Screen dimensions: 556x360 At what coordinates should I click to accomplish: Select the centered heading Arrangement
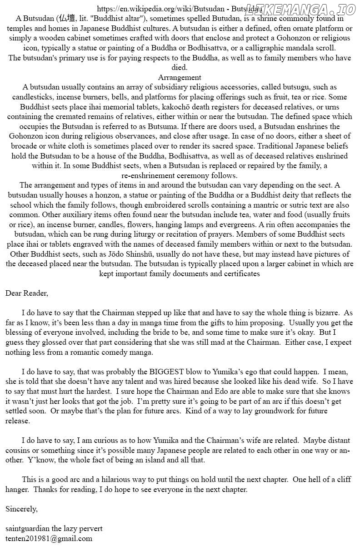(180, 77)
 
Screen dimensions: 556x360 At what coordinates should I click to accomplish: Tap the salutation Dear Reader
(26, 293)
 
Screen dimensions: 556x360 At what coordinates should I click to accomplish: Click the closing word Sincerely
(21, 509)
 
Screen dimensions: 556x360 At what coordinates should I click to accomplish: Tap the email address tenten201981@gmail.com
(49, 539)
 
